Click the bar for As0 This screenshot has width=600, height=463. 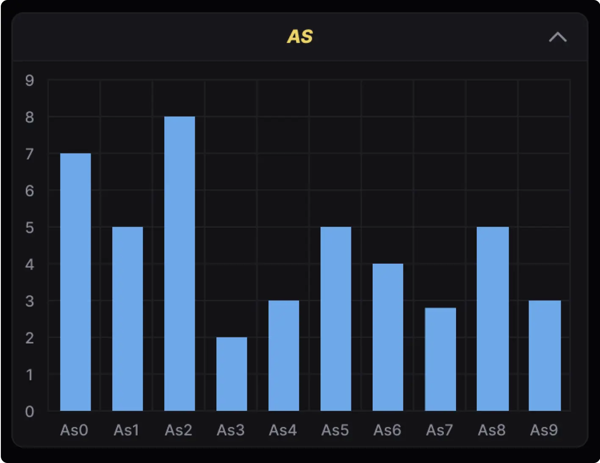click(x=75, y=282)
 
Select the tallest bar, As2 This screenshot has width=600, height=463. click(x=180, y=263)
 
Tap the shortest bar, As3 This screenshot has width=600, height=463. click(x=232, y=374)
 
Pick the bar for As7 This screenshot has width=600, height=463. click(x=440, y=359)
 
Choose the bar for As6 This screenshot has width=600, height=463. click(x=388, y=337)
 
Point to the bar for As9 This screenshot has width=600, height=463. click(x=545, y=355)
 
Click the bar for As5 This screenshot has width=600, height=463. click(x=336, y=319)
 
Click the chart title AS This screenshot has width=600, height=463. click(x=300, y=37)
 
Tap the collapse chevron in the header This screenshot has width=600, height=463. click(x=558, y=37)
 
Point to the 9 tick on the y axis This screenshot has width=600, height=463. click(x=29, y=80)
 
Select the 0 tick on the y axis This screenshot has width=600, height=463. click(x=29, y=411)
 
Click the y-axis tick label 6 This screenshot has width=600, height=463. click(x=29, y=191)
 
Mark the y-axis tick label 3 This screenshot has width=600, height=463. click(x=29, y=301)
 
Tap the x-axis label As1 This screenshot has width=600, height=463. click(x=126, y=430)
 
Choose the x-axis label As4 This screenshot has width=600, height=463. click(x=283, y=430)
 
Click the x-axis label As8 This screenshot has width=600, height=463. click(x=492, y=430)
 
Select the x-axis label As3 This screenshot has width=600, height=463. click(x=231, y=430)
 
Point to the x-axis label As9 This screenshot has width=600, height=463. click(x=544, y=430)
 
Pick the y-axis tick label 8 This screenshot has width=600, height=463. click(x=29, y=117)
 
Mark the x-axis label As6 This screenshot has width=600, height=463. click(x=387, y=430)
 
